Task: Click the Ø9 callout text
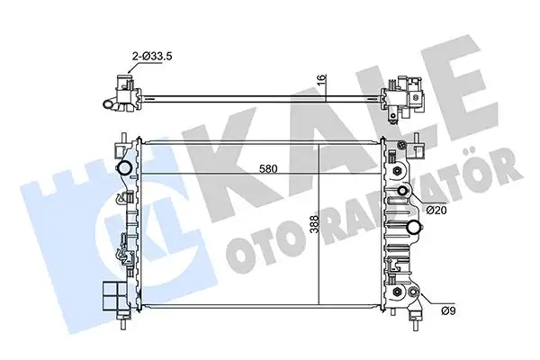point(436,312)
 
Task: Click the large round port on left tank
point(123,168)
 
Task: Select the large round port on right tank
point(414,226)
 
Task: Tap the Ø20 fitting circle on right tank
point(404,192)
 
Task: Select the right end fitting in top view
point(402,97)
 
